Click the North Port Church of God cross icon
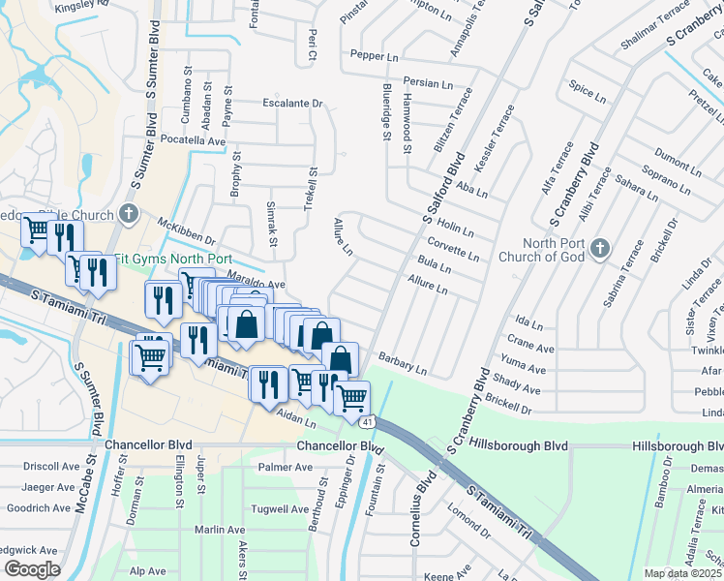click(x=600, y=249)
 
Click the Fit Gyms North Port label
click(x=173, y=260)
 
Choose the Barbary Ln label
click(x=403, y=363)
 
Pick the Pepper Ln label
click(x=375, y=56)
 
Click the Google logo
click(x=32, y=569)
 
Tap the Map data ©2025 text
click(x=683, y=573)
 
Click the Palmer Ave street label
click(x=286, y=468)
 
